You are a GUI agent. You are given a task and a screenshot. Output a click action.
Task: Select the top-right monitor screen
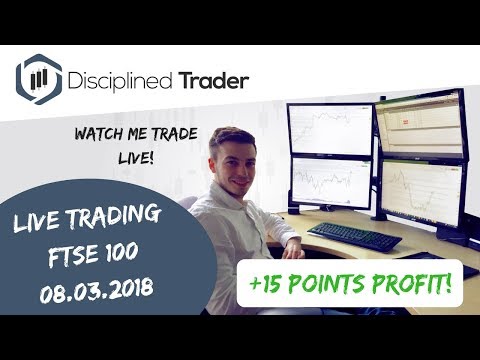pos(421,125)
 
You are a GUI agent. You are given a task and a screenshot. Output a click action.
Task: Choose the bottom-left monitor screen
pos(331,182)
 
